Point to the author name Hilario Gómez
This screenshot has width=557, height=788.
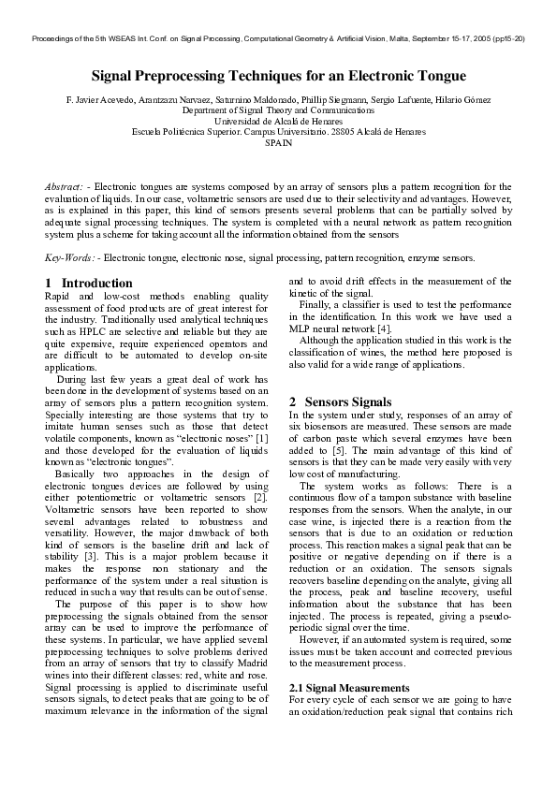(x=465, y=99)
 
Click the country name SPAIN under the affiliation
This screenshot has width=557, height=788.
(x=278, y=143)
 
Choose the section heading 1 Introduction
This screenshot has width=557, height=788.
(x=89, y=283)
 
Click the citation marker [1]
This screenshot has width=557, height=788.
(x=262, y=438)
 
